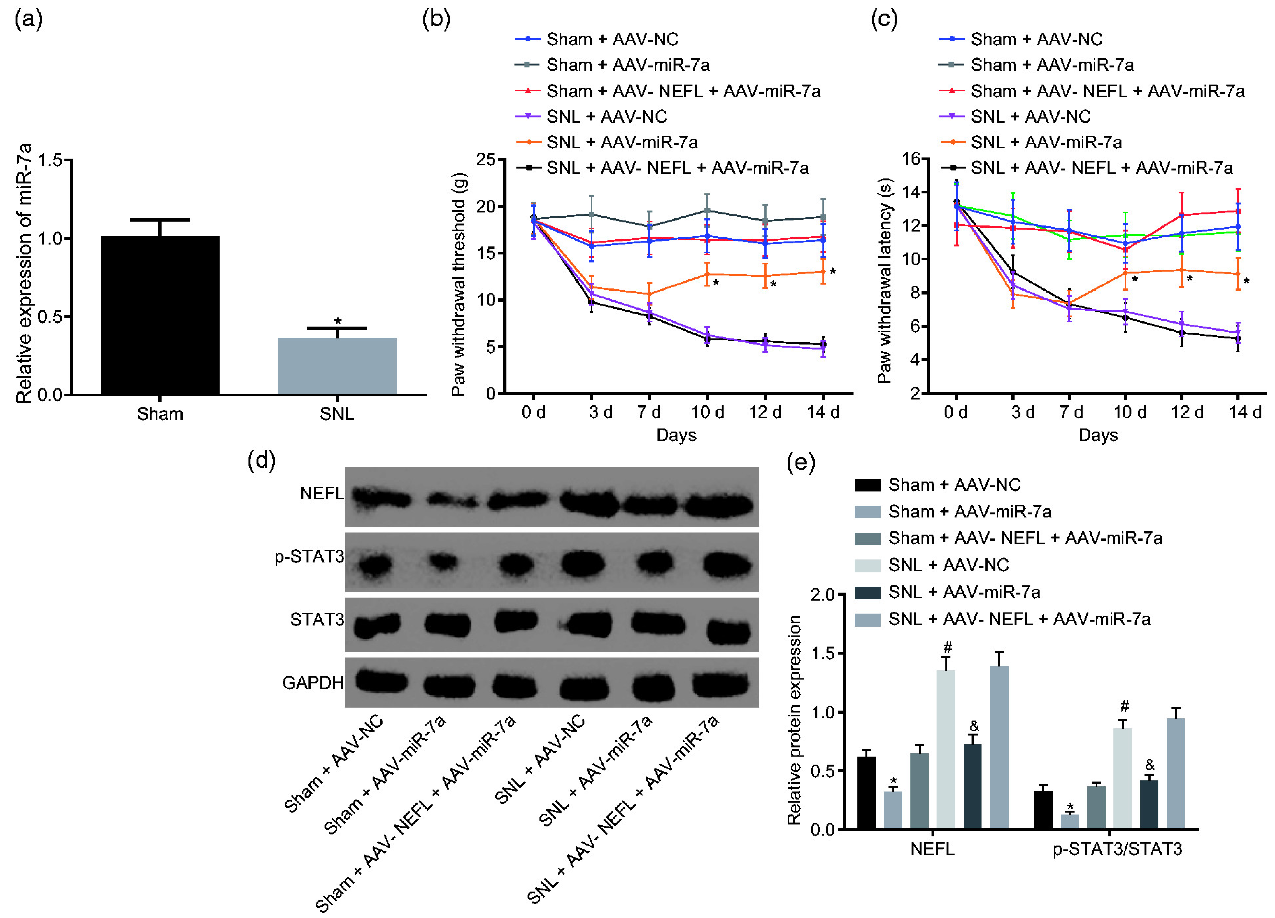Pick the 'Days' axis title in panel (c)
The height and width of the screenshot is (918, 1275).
coord(1098,435)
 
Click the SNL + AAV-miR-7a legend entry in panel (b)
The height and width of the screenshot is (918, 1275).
coord(622,142)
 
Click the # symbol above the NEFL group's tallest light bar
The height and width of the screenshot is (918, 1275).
coord(947,648)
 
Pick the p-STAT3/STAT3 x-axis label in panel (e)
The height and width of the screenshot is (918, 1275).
coord(1117,849)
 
